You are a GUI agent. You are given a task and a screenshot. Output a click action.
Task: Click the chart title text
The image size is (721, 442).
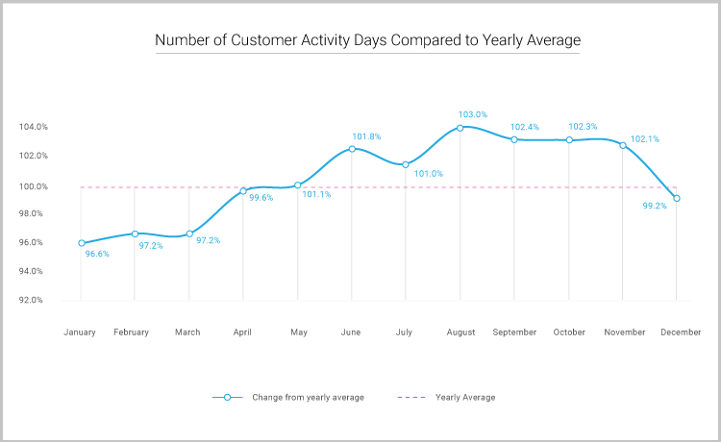tap(368, 41)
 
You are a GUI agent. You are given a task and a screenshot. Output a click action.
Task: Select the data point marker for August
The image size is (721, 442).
tap(460, 127)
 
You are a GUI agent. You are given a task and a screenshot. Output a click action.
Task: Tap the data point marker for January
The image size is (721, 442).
tap(81, 243)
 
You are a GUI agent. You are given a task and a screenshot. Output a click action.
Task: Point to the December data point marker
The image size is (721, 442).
tap(678, 198)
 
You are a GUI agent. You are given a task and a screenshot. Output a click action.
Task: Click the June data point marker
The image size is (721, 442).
tap(352, 148)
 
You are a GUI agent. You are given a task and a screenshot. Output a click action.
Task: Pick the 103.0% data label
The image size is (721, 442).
tap(473, 114)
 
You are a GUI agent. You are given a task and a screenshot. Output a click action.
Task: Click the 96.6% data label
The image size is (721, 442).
tap(96, 255)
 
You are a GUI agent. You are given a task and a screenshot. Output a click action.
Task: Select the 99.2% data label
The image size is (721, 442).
tap(655, 205)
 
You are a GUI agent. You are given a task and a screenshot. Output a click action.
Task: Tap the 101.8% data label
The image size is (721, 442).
tap(366, 136)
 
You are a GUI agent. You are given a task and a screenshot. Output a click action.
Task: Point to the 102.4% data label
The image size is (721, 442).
tap(525, 127)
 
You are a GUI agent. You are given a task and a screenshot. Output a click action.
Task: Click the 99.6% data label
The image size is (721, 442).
tap(261, 198)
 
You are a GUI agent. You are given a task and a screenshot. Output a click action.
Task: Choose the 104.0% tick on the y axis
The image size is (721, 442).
tap(33, 127)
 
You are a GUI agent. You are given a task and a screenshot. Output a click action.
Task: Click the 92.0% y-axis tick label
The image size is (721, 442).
tap(33, 300)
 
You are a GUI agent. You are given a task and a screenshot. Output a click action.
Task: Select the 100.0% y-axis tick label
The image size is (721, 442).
tap(33, 185)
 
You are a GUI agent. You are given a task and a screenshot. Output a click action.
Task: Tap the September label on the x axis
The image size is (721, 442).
tap(514, 332)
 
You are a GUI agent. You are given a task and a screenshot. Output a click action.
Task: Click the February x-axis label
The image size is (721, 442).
tap(132, 332)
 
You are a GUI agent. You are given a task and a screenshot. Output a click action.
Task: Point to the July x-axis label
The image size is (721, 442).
tap(404, 332)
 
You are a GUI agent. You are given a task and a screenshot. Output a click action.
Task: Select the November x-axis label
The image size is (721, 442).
tap(624, 332)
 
